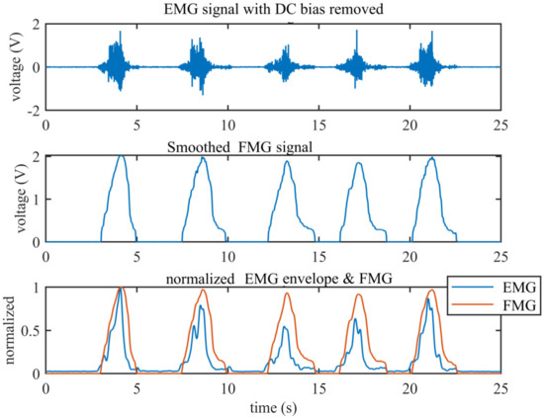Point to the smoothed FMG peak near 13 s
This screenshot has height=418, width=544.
(287, 162)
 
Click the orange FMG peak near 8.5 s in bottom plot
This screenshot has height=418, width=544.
(204, 291)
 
